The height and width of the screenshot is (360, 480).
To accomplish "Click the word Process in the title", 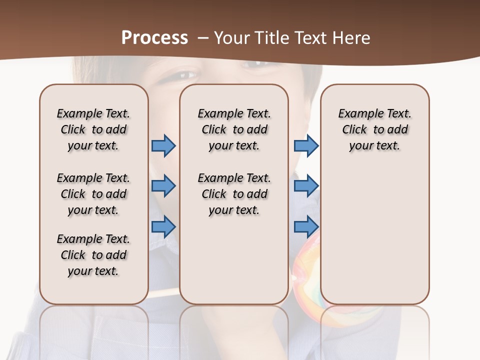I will [x=154, y=38].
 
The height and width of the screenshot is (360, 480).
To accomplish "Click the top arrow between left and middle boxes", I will [x=163, y=145].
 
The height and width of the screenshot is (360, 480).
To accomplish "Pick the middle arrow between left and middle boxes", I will [x=163, y=186].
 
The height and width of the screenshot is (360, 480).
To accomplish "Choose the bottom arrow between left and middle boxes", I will [x=163, y=227].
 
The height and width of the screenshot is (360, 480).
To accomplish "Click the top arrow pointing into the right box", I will [x=306, y=145].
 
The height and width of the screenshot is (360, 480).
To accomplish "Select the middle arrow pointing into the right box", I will [x=306, y=186].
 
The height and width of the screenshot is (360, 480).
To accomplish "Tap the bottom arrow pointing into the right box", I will [x=306, y=227].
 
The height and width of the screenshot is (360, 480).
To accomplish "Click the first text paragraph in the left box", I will [x=93, y=129].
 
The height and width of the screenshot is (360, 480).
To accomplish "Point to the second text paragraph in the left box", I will [x=93, y=194].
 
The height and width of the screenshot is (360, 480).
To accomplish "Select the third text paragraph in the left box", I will [x=93, y=255].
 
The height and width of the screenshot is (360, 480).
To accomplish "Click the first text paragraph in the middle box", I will [x=234, y=129].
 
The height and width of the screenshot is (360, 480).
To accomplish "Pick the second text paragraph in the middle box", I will [x=234, y=194].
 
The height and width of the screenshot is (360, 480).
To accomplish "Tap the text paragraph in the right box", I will [x=374, y=129].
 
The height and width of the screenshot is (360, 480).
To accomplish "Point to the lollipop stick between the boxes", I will [x=164, y=292].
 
